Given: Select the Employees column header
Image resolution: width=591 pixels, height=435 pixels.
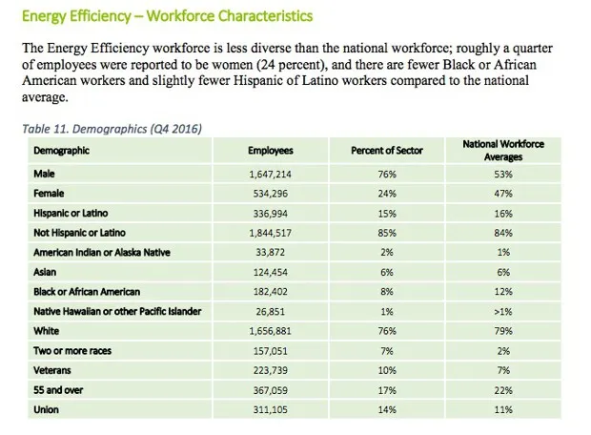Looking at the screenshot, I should click(271, 151).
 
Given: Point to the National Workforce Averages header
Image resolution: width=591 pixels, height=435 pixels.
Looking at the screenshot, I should click(503, 151).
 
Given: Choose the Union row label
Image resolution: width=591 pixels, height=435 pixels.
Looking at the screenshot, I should click(46, 409).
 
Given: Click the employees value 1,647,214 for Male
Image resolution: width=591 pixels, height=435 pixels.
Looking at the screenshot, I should click(271, 175).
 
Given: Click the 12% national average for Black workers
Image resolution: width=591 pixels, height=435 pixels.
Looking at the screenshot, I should click(503, 291).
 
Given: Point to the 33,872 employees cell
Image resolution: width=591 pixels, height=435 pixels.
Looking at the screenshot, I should click(271, 252).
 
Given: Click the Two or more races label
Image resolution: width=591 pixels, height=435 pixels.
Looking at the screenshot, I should click(72, 350).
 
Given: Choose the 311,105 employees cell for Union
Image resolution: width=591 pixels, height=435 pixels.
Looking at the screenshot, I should click(271, 409).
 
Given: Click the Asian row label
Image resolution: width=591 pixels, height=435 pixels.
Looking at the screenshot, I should click(45, 273).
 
